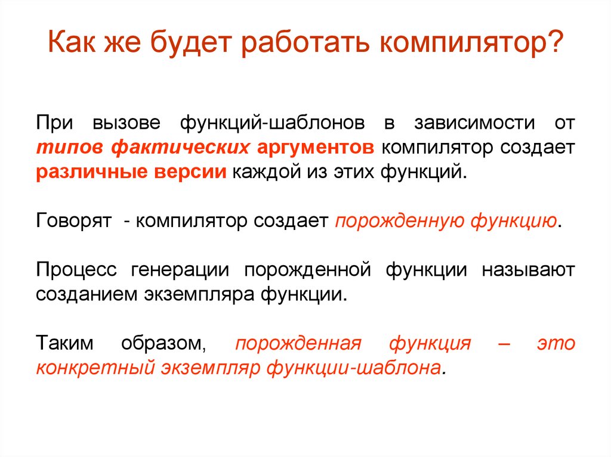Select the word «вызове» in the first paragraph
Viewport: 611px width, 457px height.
(x=126, y=125)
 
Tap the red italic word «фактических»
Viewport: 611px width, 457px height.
(x=181, y=148)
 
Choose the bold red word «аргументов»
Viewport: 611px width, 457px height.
(x=317, y=148)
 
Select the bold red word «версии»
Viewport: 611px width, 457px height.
(x=189, y=172)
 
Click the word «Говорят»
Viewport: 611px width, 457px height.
(x=75, y=221)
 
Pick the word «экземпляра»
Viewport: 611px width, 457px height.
(x=202, y=294)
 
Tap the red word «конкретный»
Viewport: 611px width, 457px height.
(x=95, y=367)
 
